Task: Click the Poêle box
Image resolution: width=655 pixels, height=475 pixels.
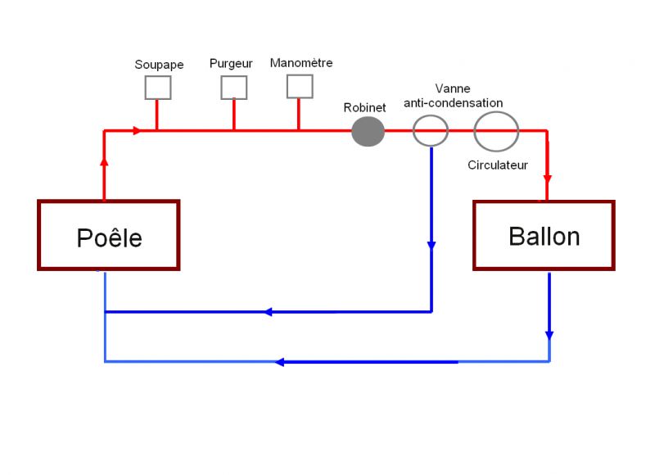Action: [108, 235]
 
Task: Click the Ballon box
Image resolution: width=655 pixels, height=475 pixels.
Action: [544, 235]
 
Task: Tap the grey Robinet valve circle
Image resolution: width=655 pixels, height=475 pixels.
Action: [368, 131]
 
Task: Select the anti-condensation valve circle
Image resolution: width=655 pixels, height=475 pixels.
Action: [430, 129]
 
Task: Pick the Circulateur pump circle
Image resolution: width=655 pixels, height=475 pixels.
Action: [496, 130]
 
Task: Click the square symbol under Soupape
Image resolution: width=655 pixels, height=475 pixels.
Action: [158, 87]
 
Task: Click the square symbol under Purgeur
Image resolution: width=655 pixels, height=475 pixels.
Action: [233, 87]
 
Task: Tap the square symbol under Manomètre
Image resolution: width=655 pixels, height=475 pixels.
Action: [299, 85]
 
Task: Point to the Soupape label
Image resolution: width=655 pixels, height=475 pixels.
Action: [159, 64]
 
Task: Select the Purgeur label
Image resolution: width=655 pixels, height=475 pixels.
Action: [231, 63]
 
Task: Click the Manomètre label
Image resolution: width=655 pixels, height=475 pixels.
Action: [301, 62]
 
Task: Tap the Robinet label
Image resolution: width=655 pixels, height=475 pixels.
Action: [365, 107]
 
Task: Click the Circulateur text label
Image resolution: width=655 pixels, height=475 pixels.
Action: [498, 165]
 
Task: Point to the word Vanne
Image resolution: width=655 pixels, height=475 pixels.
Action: [453, 88]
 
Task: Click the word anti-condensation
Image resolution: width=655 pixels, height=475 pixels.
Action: [453, 102]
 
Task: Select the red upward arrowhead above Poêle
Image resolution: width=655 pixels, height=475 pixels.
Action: [104, 161]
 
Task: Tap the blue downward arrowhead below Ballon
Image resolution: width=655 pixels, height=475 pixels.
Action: [549, 335]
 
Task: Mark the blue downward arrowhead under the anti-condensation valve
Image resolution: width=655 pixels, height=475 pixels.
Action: [431, 245]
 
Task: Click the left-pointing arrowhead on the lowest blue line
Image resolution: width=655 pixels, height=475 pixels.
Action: [280, 362]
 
